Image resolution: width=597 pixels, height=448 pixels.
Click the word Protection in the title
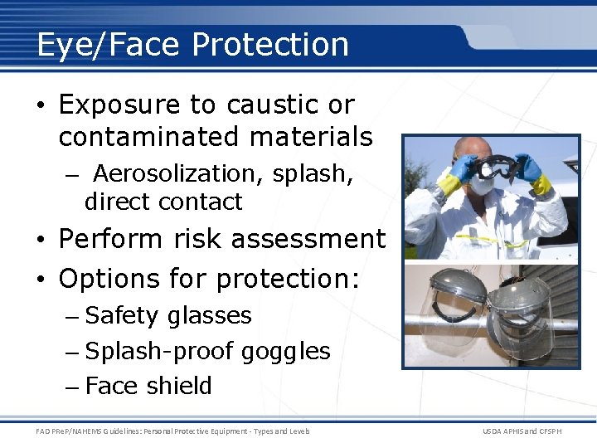point(270,44)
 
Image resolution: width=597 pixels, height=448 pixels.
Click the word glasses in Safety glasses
point(209,316)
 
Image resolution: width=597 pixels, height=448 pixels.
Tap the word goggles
point(286,352)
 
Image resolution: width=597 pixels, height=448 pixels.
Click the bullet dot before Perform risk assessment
point(41,241)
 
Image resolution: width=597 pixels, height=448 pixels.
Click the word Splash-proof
point(161,352)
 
